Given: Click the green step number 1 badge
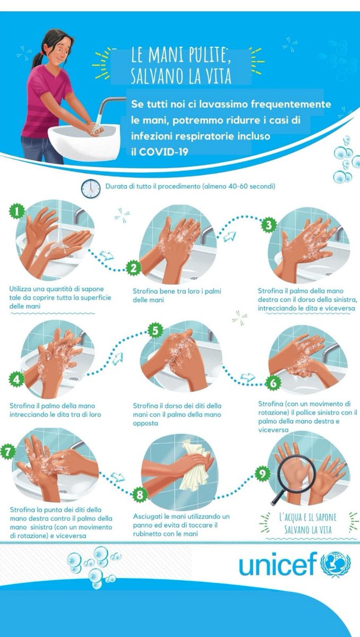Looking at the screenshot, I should (18, 212).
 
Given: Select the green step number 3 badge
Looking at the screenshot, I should (270, 225).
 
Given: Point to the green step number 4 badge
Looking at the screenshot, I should (18, 379).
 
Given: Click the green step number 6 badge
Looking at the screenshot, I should (272, 383).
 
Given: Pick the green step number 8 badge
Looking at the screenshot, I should (140, 495).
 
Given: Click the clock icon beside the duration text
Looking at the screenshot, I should (90, 188).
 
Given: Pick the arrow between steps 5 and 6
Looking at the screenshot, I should (247, 377).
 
